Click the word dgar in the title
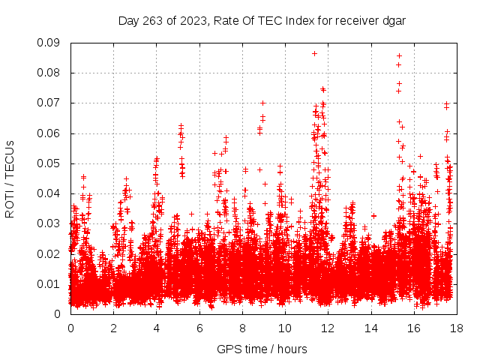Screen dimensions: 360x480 click(x=393, y=21)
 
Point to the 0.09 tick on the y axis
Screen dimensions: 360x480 click(x=50, y=43)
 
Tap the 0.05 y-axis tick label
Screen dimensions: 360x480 click(x=50, y=163)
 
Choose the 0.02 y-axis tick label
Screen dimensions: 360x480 click(x=50, y=253)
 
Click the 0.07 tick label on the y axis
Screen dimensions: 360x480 click(x=50, y=103)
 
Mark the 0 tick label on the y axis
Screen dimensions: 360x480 click(x=58, y=313)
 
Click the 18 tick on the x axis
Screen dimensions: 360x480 click(x=457, y=328)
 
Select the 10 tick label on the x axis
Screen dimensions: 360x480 click(x=285, y=328)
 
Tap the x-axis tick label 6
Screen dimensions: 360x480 click(x=199, y=328)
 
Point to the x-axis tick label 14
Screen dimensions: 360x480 click(x=370, y=328)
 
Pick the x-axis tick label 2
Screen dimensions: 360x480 click(x=113, y=328)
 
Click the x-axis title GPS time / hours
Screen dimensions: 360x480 click(x=262, y=349)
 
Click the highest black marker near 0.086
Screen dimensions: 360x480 click(x=315, y=53)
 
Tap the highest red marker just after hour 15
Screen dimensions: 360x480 click(x=400, y=55)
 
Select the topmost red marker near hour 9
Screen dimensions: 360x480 click(x=263, y=103)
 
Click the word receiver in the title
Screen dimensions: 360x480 click(x=355, y=21)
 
